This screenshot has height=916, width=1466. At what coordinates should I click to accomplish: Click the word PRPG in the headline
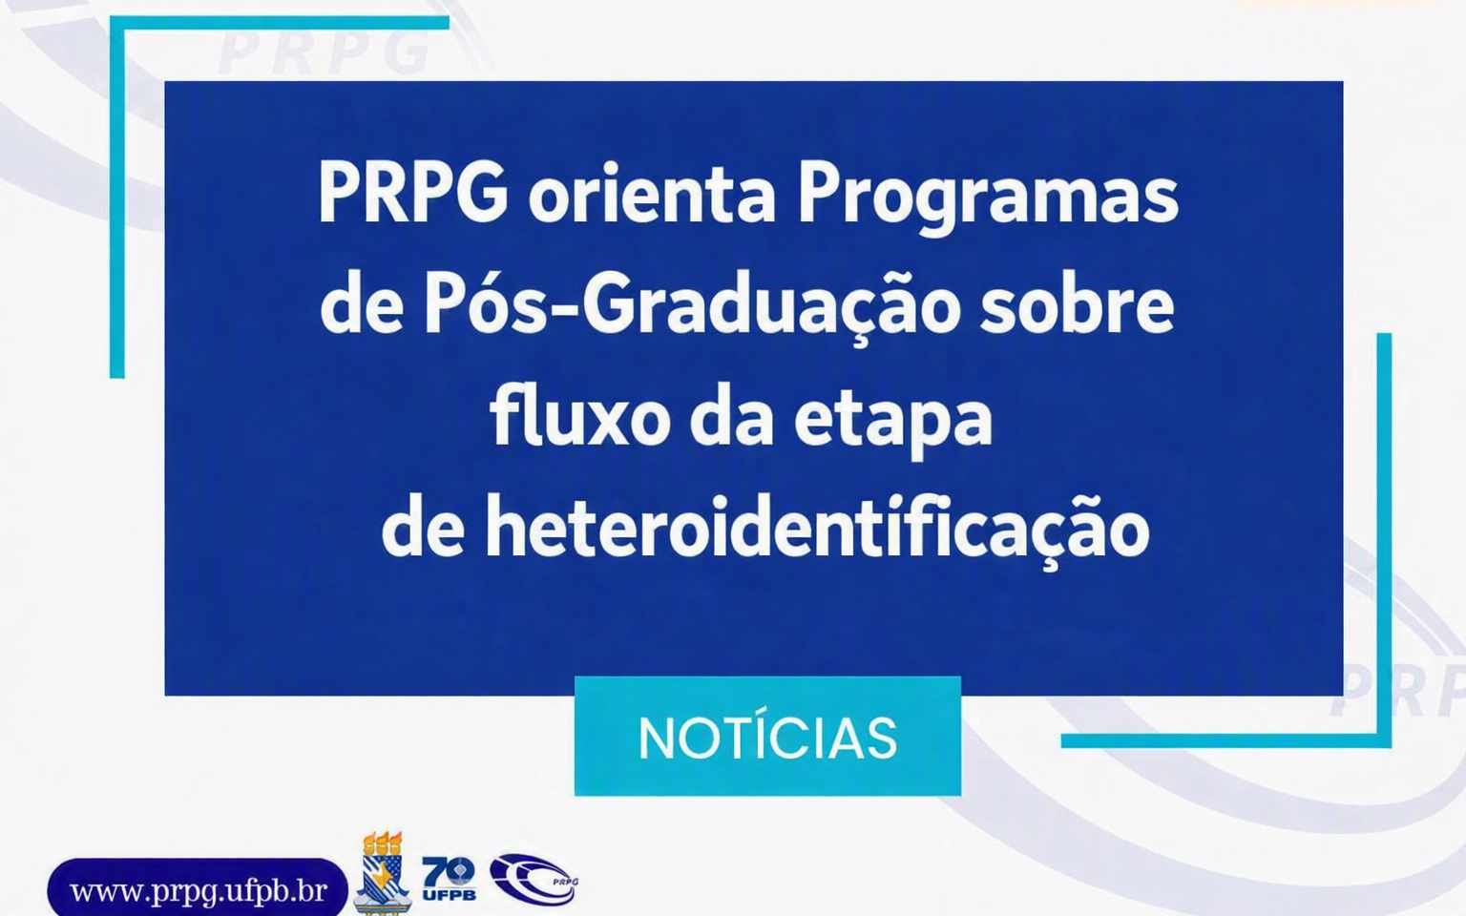(413, 194)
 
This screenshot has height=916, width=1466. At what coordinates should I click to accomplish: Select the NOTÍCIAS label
(767, 738)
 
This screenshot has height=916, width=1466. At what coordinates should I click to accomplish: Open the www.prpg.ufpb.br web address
(199, 890)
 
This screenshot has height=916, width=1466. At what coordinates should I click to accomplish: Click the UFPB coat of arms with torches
(382, 872)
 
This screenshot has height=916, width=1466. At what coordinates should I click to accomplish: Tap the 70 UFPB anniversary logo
(449, 878)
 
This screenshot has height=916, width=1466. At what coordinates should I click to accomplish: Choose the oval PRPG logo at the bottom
(534, 878)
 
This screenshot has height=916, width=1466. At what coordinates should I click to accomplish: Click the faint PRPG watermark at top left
(323, 52)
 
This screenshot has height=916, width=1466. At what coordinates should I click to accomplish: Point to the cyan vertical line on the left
(117, 197)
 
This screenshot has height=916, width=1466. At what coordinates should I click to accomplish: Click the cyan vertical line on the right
(1384, 540)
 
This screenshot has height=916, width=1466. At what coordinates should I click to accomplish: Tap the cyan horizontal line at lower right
(1225, 740)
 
